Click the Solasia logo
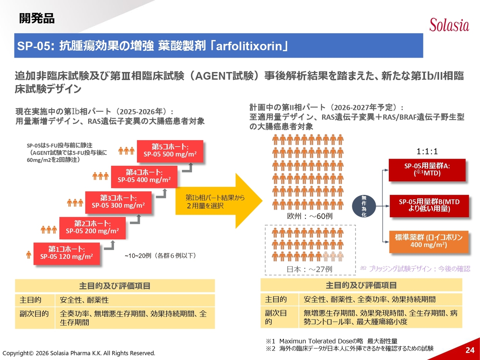click(x=449, y=25)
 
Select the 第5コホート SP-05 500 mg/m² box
click(x=170, y=151)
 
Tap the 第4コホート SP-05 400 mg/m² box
click(x=144, y=176)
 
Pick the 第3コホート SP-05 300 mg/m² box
click(x=118, y=202)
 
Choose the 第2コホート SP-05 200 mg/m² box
click(x=92, y=228)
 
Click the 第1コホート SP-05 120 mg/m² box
click(x=66, y=253)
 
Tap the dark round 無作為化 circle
click(x=363, y=206)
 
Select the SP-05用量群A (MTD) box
click(x=427, y=170)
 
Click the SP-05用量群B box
click(x=429, y=205)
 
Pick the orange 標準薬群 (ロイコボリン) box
click(x=429, y=241)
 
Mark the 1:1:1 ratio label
click(x=427, y=151)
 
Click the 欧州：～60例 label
click(x=309, y=216)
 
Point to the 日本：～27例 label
click(x=309, y=269)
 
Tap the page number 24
click(x=470, y=350)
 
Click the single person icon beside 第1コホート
click(x=29, y=255)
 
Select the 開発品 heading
click(x=37, y=18)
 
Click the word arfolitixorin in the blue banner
click(x=249, y=46)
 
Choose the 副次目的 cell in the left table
click(x=34, y=314)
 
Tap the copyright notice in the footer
click(x=79, y=353)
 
